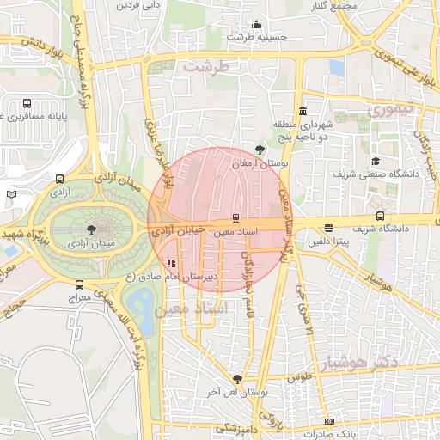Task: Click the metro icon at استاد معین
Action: pyautogui.click(x=236, y=217)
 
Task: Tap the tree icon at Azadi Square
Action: pyautogui.click(x=92, y=228)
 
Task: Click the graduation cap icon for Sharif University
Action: pyautogui.click(x=375, y=161)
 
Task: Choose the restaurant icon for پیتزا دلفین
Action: pyautogui.click(x=329, y=228)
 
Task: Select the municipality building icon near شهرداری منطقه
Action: pyautogui.click(x=302, y=112)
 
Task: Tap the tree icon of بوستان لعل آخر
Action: pyautogui.click(x=238, y=379)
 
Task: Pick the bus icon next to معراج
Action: pyautogui.click(x=80, y=284)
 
